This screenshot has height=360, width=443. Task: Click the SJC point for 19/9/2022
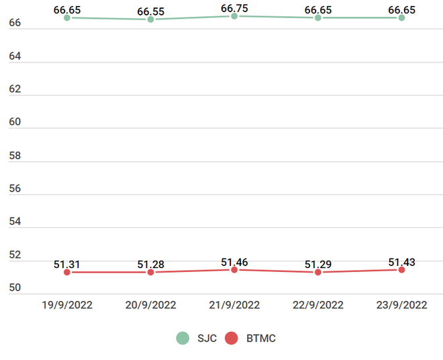[67, 17]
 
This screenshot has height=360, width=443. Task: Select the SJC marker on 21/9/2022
[234, 15]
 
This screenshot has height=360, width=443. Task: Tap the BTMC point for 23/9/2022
[401, 269]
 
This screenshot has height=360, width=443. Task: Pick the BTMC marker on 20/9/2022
[150, 272]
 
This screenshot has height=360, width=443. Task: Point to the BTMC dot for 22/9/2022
[317, 272]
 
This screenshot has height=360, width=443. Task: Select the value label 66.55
[150, 11]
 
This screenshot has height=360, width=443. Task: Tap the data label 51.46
[234, 260]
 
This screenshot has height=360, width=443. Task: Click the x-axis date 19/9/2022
[67, 305]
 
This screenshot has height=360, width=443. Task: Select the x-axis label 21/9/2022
[234, 305]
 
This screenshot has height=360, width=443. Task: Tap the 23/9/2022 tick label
[401, 305]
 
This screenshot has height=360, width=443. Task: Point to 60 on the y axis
[15, 122]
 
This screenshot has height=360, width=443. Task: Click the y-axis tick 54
[15, 222]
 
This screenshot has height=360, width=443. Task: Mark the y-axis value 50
[15, 288]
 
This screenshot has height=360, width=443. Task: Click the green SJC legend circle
[183, 339]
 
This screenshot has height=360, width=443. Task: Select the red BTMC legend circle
[232, 339]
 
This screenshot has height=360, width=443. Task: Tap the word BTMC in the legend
[260, 339]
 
